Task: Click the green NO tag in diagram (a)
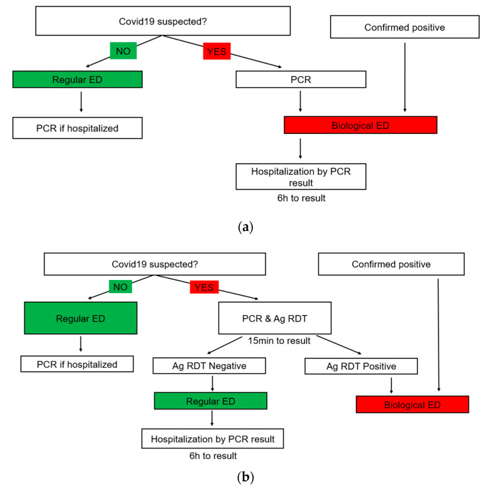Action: [123, 51]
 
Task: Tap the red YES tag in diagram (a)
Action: [217, 51]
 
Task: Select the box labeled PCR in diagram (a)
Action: [301, 79]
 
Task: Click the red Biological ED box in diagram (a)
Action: [361, 125]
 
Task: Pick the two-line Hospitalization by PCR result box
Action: [301, 176]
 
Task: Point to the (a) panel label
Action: [245, 227]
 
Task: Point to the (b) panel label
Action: [245, 476]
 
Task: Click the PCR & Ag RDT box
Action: [275, 318]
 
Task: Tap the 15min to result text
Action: [279, 341]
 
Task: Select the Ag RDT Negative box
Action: [209, 366]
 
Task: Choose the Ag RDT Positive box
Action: [361, 366]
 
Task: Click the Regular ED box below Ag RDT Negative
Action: [211, 401]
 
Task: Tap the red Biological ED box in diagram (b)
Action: [412, 405]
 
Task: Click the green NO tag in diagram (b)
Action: [120, 287]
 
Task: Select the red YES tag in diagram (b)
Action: [204, 287]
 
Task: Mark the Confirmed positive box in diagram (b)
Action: [391, 264]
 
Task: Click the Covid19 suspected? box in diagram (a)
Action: [162, 21]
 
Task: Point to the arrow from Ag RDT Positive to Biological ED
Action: [391, 385]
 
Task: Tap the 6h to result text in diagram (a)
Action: [301, 198]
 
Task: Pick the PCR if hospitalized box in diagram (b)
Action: [77, 364]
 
